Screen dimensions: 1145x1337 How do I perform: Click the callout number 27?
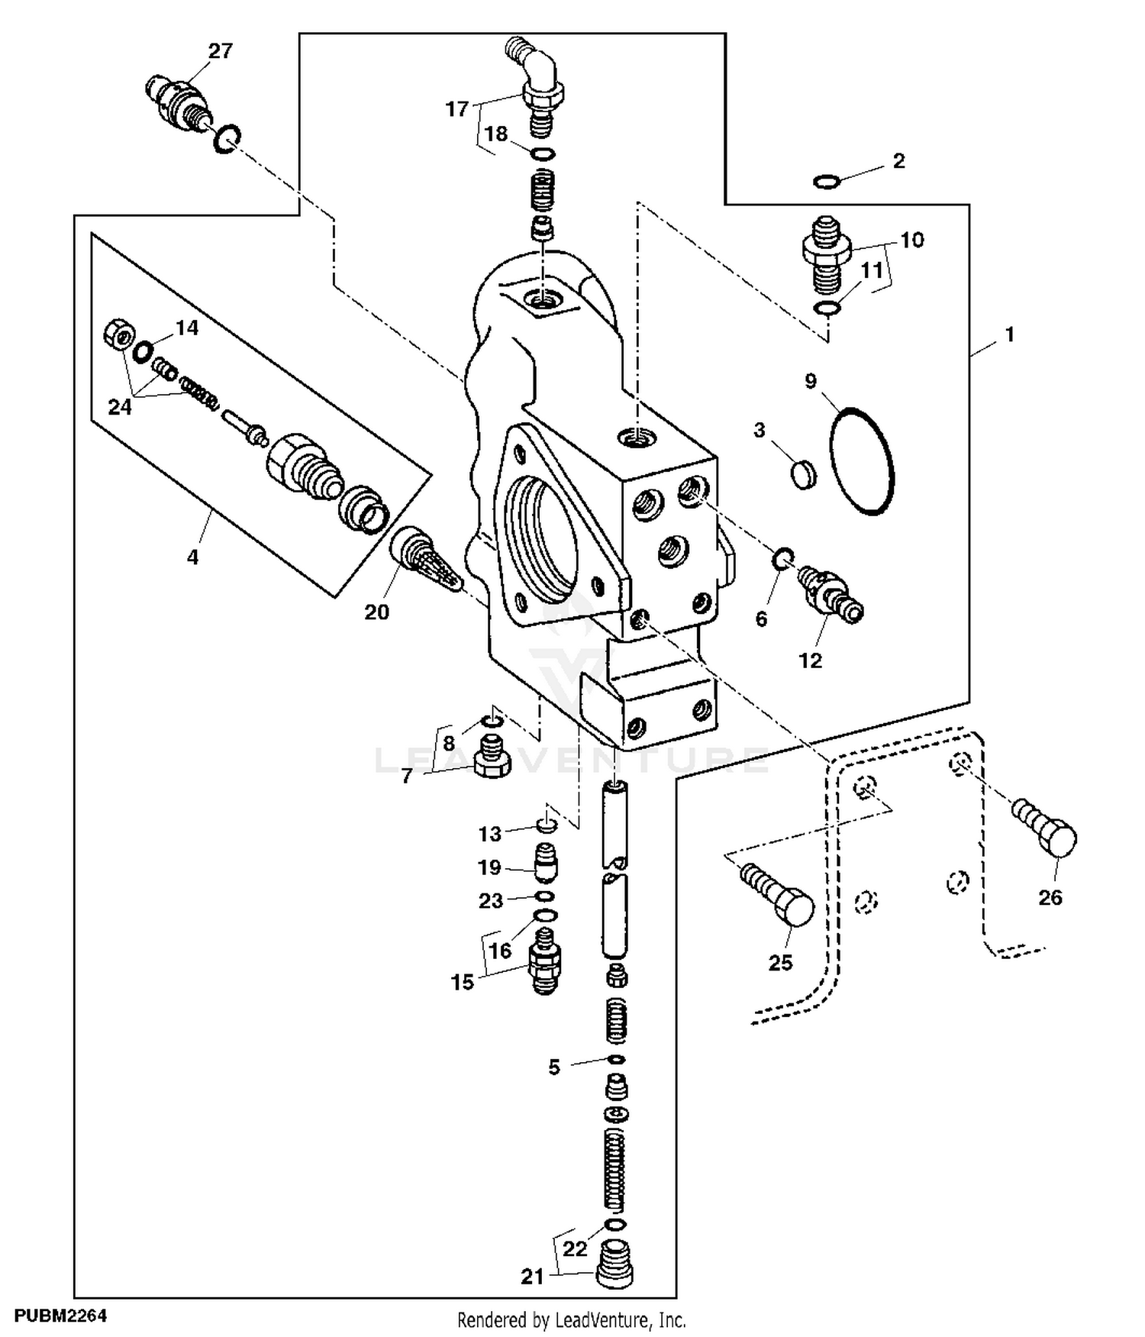[x=220, y=51]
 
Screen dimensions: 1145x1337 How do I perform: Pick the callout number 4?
[x=192, y=557]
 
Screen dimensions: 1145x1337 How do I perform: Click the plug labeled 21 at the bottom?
[x=614, y=1266]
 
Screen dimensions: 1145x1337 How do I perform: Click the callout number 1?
[x=1009, y=334]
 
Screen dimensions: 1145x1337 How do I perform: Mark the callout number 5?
[x=554, y=1067]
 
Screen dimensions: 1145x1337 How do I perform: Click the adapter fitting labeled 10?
[x=827, y=257]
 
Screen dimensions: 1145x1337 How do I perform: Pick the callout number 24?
[x=120, y=407]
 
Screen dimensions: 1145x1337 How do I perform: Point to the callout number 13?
[x=490, y=834]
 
